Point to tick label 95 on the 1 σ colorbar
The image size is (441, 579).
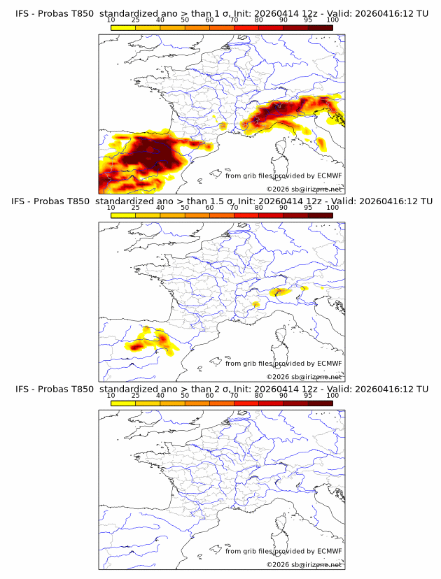click(308, 20)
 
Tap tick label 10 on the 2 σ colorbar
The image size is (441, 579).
click(111, 396)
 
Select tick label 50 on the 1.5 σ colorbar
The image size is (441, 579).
click(185, 208)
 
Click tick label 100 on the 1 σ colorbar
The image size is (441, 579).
click(332, 20)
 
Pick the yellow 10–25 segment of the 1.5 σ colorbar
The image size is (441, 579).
click(122, 215)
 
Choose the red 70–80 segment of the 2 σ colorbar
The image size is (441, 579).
click(246, 403)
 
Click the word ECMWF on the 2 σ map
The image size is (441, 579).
click(329, 551)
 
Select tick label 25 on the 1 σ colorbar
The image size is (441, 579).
click(135, 20)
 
